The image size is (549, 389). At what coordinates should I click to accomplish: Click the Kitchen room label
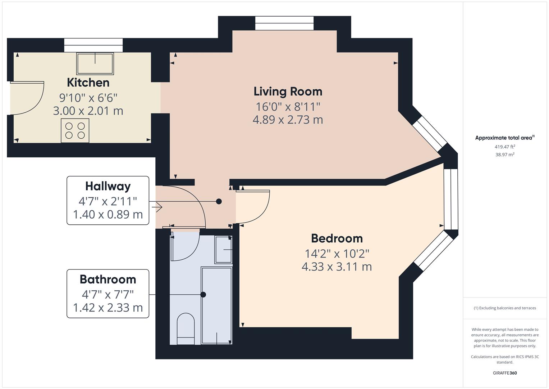(x=88, y=82)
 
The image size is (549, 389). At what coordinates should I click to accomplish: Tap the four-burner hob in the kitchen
(x=75, y=130)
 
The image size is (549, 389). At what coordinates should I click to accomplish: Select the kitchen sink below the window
(x=95, y=63)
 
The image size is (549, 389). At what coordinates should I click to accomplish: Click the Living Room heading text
(x=288, y=91)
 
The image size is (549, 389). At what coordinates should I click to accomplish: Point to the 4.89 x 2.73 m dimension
(x=288, y=120)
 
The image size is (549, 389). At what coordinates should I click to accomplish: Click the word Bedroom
(x=337, y=238)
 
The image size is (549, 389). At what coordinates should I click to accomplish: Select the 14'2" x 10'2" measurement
(x=337, y=254)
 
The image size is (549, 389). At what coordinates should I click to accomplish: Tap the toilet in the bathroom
(x=186, y=328)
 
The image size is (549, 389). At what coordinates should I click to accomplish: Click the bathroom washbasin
(x=223, y=249)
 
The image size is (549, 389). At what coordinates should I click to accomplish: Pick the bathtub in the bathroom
(x=216, y=305)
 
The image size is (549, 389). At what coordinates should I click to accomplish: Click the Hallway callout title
(x=108, y=186)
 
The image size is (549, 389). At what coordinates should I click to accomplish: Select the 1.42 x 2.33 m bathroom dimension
(x=108, y=308)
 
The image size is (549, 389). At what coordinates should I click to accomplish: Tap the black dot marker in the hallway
(x=219, y=202)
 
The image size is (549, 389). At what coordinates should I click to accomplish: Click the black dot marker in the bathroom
(x=203, y=295)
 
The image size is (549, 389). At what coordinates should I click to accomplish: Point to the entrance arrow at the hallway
(x=157, y=207)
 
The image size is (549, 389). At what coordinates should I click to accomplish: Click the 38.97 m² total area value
(x=504, y=155)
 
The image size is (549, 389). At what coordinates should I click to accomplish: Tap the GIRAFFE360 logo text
(x=504, y=373)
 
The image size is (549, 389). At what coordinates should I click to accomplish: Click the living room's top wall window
(x=284, y=23)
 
